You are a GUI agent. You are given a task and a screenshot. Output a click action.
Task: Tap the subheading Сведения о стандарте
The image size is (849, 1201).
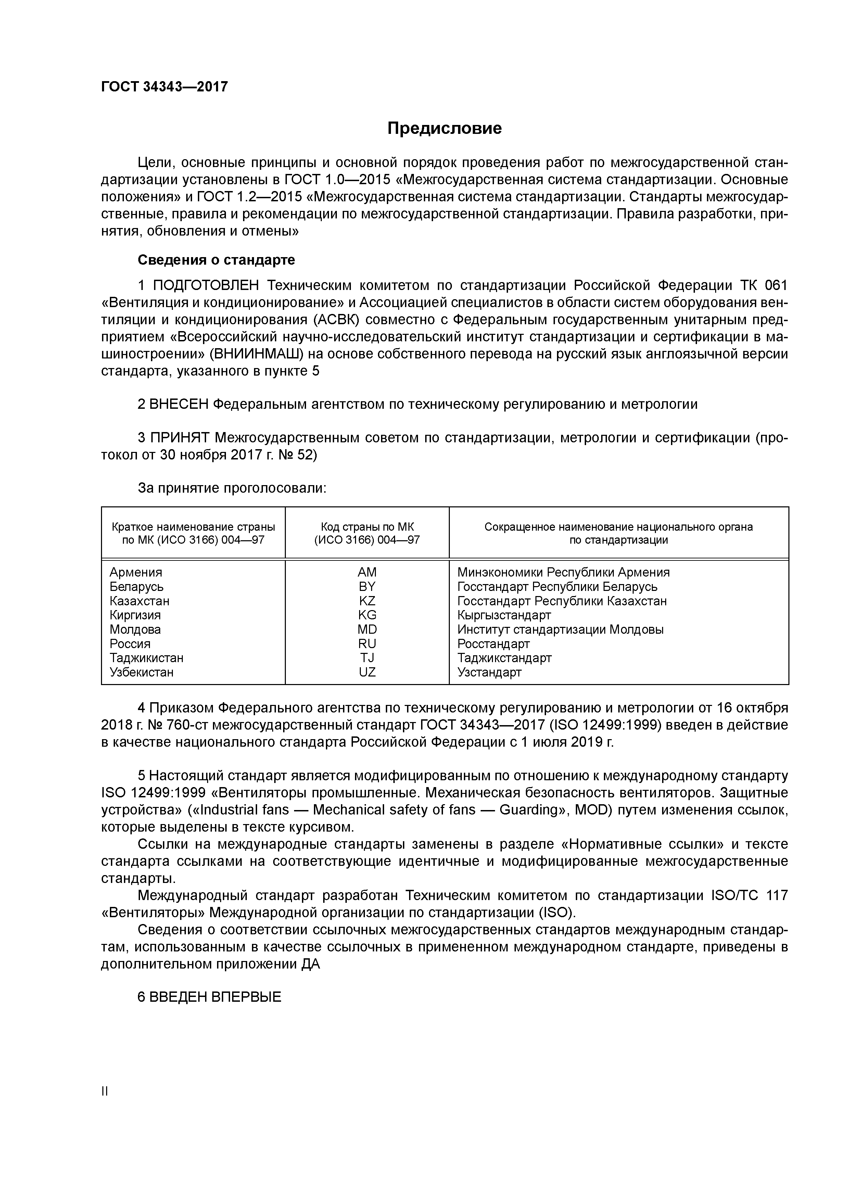pos(216,260)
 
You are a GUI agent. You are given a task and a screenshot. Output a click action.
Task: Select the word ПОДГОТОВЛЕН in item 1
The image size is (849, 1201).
pos(206,286)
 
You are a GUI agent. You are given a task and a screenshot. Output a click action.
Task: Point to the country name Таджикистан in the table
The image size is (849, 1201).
pos(147,658)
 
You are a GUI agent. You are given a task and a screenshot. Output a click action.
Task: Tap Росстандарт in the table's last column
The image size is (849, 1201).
pos(493,644)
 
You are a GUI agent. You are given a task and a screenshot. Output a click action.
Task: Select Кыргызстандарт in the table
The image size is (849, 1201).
pos(504,615)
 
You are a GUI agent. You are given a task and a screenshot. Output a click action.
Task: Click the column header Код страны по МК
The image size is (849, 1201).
pos(367,527)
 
